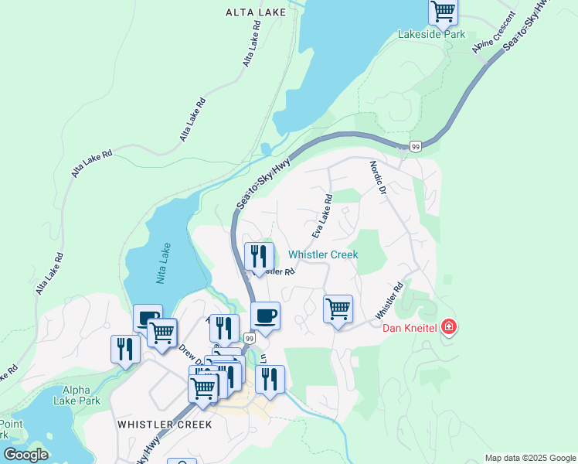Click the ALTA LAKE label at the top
(256, 12)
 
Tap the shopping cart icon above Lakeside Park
(443, 12)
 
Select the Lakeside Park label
(431, 34)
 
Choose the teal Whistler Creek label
(323, 254)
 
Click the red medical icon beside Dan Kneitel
(449, 329)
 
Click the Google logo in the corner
(25, 454)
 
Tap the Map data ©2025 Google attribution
(529, 458)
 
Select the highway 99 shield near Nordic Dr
(416, 146)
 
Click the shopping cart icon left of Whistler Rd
(338, 309)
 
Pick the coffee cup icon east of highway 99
(265, 316)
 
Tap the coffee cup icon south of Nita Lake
(147, 318)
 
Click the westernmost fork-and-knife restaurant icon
(124, 349)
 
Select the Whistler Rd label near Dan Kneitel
(389, 301)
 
